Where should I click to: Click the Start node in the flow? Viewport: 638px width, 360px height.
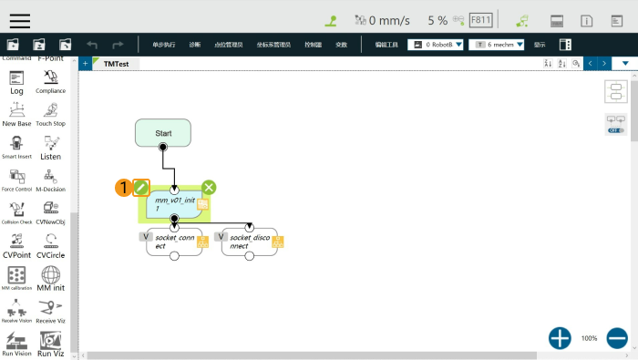163,133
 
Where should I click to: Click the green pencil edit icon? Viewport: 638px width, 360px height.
141,187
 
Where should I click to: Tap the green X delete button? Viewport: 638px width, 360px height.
209,187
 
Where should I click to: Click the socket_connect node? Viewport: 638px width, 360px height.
173,242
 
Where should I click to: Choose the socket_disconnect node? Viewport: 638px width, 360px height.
248,242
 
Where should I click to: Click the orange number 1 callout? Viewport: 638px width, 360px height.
122,188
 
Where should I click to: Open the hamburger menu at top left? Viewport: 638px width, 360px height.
19,20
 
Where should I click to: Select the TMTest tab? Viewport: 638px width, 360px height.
116,64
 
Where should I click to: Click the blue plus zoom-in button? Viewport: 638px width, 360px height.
560,338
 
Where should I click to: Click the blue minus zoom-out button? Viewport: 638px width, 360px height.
617,338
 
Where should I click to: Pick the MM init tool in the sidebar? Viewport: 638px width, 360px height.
51,278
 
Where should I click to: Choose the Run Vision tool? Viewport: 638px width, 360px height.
16,343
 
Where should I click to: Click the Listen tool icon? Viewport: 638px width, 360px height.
51,146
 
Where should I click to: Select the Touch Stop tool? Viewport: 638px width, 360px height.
51,113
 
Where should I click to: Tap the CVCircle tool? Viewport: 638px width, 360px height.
51,245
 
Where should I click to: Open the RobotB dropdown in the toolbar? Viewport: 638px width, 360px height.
436,44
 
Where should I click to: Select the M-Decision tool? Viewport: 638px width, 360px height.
51,179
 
